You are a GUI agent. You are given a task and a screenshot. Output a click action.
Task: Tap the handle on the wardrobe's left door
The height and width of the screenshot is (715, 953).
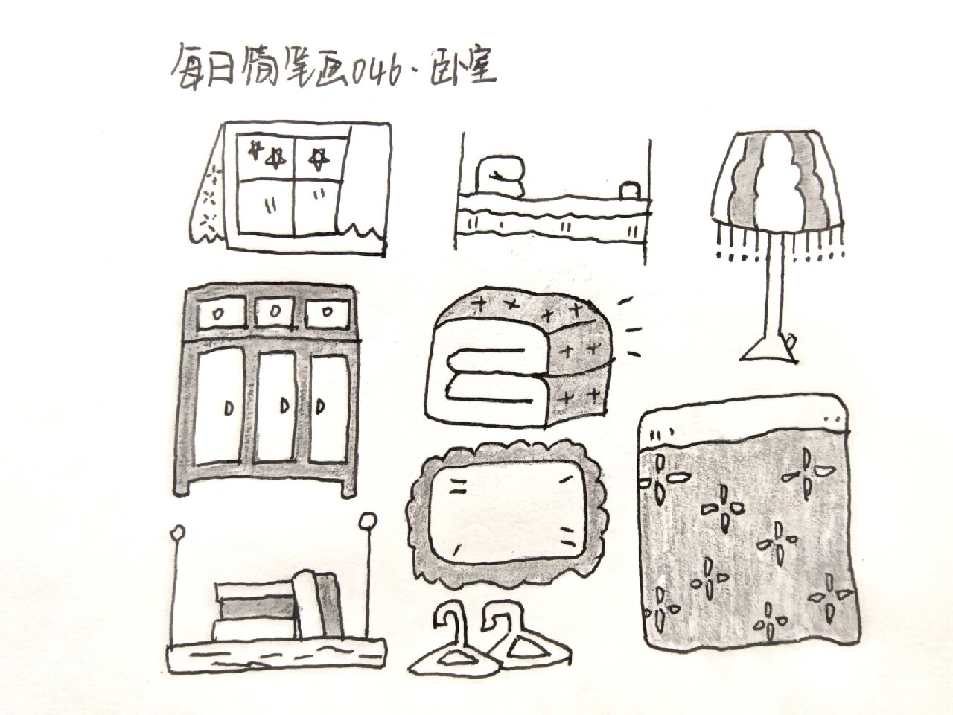pos(228,407)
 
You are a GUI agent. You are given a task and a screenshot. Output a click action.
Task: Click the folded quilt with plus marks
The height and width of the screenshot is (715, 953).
pos(521,357)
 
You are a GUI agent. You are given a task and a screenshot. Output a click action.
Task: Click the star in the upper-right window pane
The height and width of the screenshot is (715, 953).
pos(319,157)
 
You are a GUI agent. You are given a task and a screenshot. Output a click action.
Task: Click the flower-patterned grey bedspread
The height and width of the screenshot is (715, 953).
pos(745,536)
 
